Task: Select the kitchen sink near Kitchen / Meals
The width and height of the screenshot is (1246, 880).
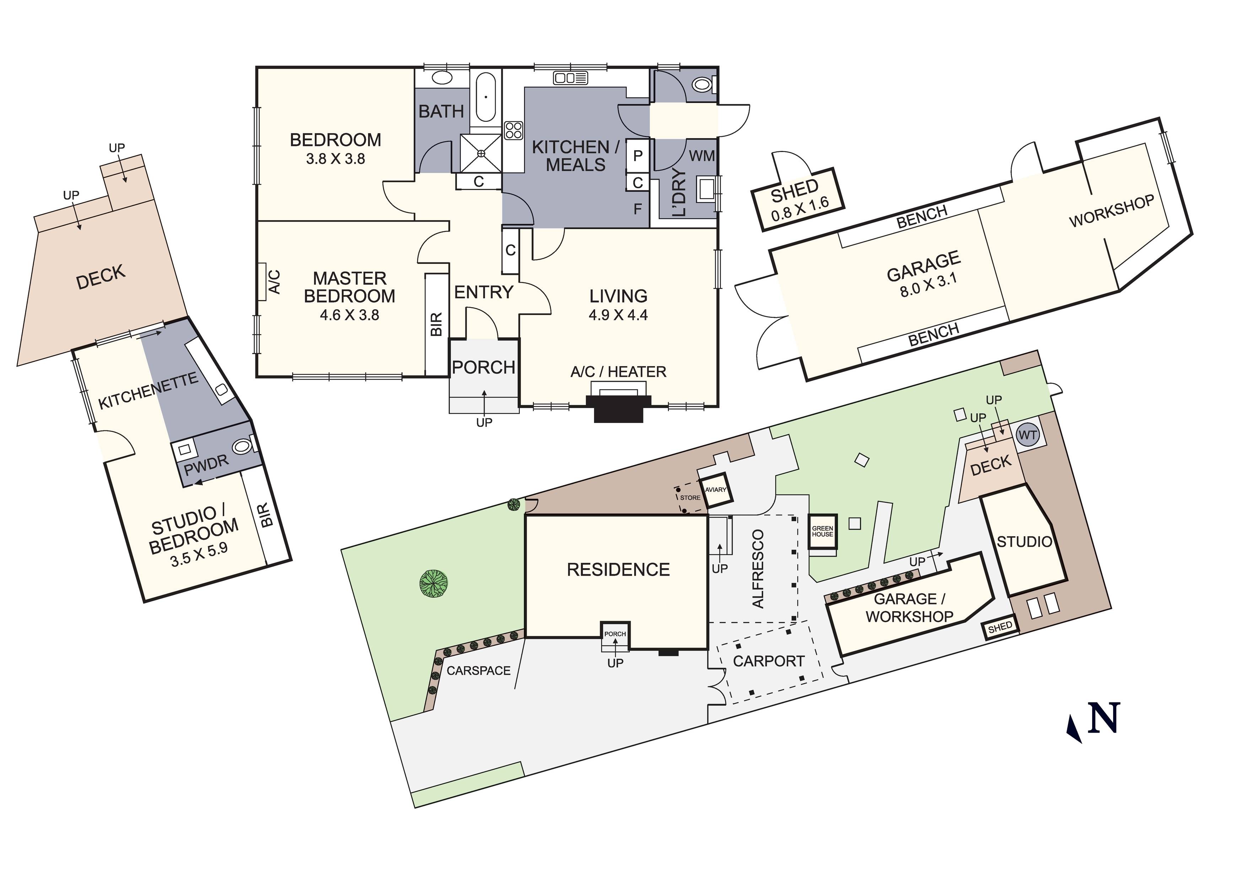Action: click(x=570, y=78)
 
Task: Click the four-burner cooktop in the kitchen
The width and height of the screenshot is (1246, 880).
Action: click(x=513, y=130)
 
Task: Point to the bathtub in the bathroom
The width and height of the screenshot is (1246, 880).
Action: click(x=486, y=98)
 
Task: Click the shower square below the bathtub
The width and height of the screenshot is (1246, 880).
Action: click(x=481, y=153)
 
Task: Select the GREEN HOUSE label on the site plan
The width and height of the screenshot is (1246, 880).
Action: click(x=822, y=531)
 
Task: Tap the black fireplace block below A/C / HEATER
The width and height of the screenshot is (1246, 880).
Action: click(x=619, y=408)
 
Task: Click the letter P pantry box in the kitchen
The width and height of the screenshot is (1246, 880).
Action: click(x=638, y=156)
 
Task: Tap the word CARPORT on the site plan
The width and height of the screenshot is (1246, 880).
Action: click(x=768, y=661)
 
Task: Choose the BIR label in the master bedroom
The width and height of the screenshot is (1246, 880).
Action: click(x=436, y=324)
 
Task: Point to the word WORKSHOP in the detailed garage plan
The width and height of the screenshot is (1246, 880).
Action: click(x=1111, y=211)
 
